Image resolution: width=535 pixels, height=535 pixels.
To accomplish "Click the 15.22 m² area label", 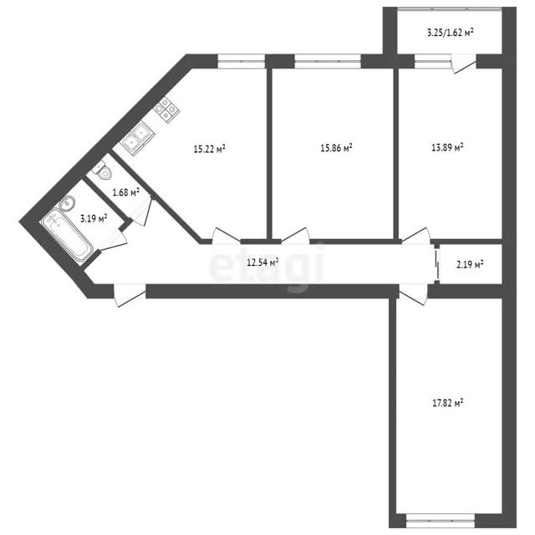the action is click(210, 149).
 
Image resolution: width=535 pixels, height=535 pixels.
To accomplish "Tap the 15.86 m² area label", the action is click(336, 148).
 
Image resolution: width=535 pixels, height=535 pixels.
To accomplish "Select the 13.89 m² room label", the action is click(447, 147).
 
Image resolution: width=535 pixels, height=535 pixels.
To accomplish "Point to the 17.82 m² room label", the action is click(448, 403).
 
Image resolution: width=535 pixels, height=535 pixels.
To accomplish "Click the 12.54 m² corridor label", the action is click(262, 262).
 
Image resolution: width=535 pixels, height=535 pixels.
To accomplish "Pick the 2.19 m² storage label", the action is click(470, 264).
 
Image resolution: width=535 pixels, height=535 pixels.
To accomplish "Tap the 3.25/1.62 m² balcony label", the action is click(450, 33).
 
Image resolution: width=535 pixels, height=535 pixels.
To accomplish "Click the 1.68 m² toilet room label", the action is click(126, 192).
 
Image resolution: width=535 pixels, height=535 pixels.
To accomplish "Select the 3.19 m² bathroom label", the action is click(94, 218).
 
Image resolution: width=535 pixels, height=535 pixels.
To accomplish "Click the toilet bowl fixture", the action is click(103, 171).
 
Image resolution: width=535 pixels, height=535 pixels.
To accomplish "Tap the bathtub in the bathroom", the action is click(67, 237).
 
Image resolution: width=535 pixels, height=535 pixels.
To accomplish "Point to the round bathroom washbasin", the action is click(67, 204).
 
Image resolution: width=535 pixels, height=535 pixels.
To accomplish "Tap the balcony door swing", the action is click(463, 64).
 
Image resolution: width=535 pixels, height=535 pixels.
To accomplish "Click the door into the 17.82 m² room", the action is click(413, 294).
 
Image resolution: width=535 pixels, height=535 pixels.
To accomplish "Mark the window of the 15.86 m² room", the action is click(328, 61).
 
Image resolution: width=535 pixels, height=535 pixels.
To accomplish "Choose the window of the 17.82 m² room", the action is click(441, 521).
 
